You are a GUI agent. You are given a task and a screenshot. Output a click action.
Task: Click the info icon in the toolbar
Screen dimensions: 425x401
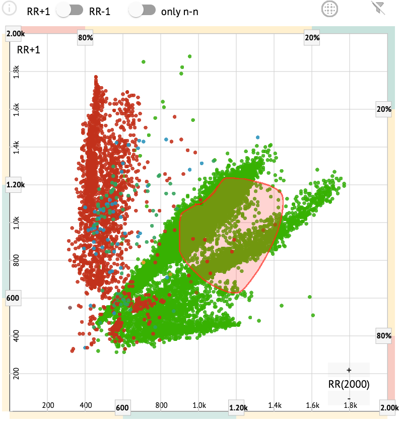(10, 9)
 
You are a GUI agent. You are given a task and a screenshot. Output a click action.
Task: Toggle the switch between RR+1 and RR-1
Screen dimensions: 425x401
(70, 11)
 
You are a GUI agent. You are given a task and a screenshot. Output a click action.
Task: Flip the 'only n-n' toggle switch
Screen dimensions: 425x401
(143, 11)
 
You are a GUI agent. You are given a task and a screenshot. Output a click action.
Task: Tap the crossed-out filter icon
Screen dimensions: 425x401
(377, 8)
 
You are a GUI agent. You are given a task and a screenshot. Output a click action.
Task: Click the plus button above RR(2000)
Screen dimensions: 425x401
(349, 370)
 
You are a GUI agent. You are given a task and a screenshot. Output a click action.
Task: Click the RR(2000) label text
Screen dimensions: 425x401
(349, 385)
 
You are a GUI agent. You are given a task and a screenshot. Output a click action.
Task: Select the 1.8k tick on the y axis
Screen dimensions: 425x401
(16, 72)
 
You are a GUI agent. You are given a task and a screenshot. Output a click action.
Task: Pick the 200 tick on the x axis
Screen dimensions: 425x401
(48, 405)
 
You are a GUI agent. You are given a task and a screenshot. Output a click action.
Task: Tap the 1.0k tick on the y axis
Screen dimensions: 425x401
(16, 223)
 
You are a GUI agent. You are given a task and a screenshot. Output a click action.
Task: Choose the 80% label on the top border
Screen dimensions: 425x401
(85, 37)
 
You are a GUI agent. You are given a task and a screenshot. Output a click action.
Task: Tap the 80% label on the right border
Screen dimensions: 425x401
(384, 336)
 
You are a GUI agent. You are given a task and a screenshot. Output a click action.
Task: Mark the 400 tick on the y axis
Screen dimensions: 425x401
(16, 336)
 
